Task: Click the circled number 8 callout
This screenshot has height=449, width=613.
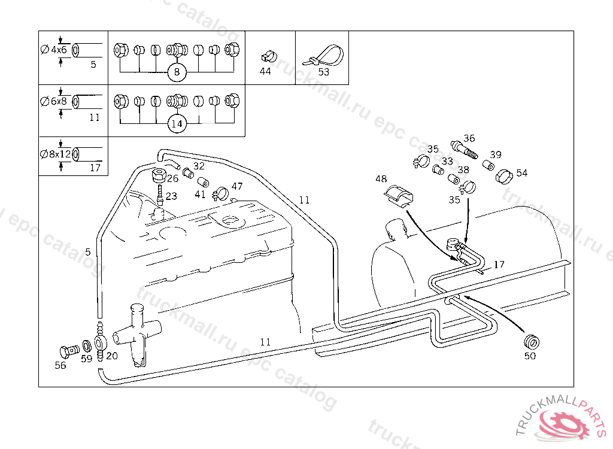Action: [x=177, y=73]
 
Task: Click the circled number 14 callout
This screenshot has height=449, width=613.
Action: [x=177, y=124]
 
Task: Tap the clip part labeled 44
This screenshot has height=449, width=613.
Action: [x=268, y=57]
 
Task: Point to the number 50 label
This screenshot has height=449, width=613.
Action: [x=530, y=356]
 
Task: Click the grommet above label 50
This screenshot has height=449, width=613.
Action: [x=531, y=342]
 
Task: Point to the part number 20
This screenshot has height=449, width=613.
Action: [x=111, y=355]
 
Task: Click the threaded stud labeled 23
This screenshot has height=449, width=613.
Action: [x=160, y=195]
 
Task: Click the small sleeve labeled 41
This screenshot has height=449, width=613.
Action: [x=202, y=182]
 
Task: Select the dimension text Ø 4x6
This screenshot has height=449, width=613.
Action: [x=54, y=50]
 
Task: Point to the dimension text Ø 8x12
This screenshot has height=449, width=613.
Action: [x=56, y=154]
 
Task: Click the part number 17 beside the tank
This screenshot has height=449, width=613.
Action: [x=499, y=264]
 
